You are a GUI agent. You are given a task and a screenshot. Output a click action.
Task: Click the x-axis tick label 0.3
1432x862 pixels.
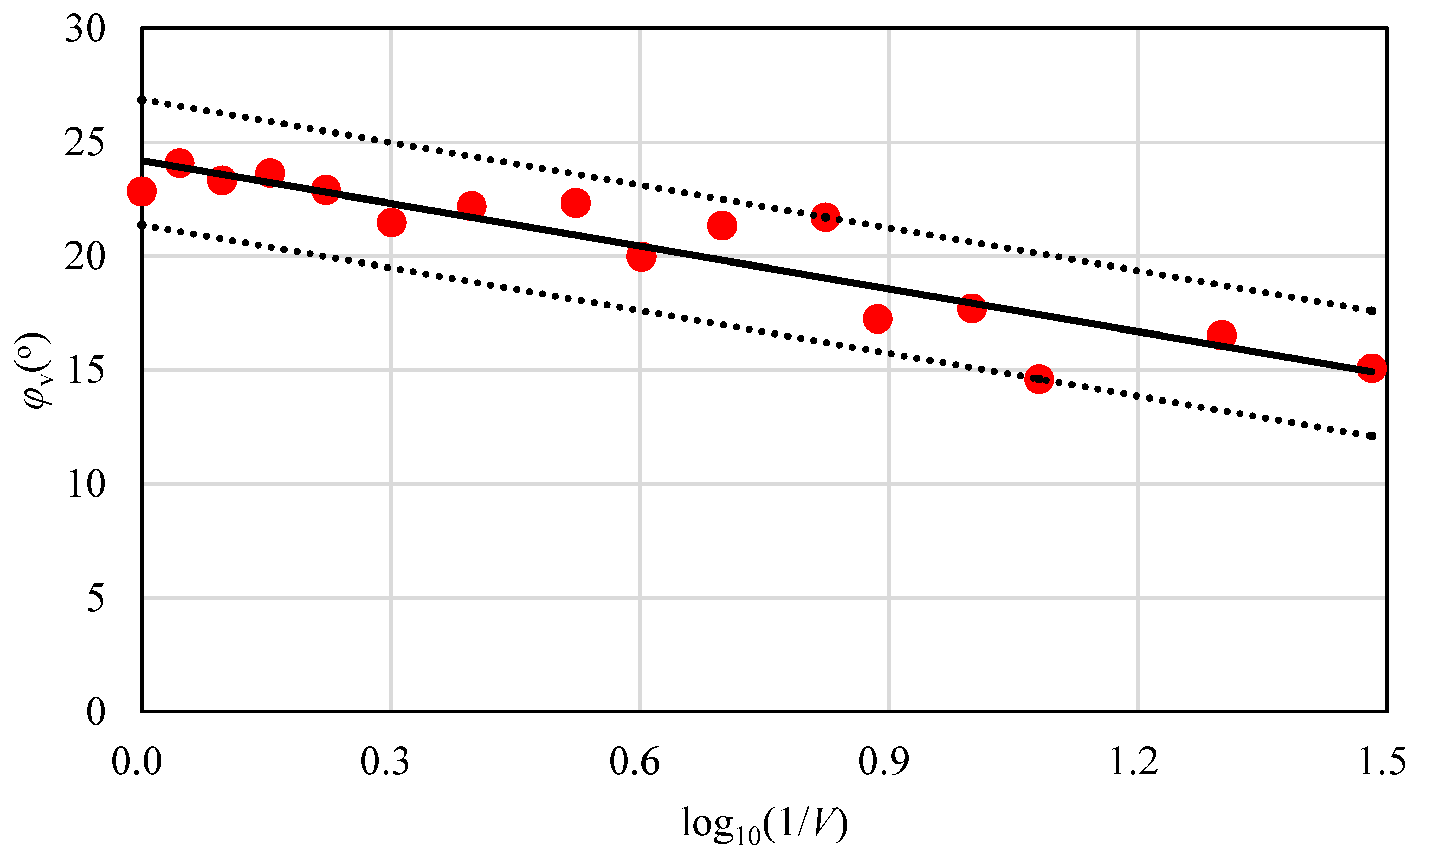(385, 761)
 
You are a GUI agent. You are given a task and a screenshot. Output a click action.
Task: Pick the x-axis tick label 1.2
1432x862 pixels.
(1132, 761)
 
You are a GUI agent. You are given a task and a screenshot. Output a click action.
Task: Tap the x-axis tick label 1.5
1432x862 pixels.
(1382, 761)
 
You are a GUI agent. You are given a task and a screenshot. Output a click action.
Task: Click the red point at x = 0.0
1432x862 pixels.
(141, 191)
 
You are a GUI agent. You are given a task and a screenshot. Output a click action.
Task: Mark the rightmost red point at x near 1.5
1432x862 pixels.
(1372, 368)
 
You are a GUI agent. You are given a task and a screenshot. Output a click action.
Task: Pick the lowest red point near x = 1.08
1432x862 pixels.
(1038, 379)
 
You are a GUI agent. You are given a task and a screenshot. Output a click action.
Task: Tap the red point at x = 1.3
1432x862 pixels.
(1222, 335)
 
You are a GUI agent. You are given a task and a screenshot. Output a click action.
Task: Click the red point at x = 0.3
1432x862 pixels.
(391, 223)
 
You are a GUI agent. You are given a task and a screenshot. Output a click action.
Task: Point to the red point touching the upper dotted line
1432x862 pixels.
(825, 217)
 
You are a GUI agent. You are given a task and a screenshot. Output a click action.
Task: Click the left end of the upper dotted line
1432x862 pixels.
(142, 100)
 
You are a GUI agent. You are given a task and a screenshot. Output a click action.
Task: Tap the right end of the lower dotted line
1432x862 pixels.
(1372, 436)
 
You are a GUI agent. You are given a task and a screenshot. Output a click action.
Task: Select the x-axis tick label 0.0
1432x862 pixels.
(136, 761)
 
